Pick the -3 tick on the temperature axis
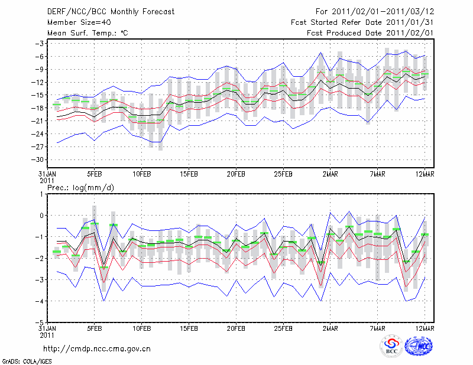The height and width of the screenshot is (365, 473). point(41,44)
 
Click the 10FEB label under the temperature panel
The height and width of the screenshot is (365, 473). point(141,175)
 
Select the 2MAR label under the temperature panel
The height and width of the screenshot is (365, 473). point(331,175)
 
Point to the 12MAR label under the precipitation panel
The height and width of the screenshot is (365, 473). point(425,328)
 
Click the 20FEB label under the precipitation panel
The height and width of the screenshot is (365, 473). point(236,328)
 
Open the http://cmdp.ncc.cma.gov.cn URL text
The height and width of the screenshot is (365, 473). point(97,348)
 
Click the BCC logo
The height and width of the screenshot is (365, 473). point(391,346)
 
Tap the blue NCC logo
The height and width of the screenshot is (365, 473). point(419,346)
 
